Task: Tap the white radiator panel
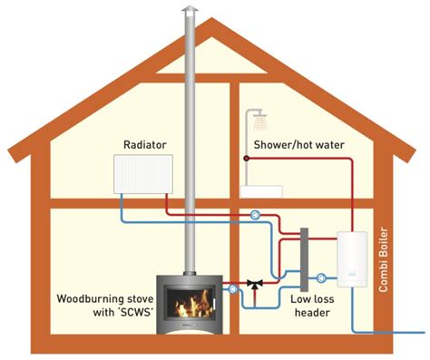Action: point(143,173)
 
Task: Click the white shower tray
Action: point(260,191)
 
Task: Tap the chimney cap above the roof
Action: point(190,11)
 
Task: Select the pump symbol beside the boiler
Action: point(321,277)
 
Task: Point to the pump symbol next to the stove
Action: point(236,288)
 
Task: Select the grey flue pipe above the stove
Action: point(191,136)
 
